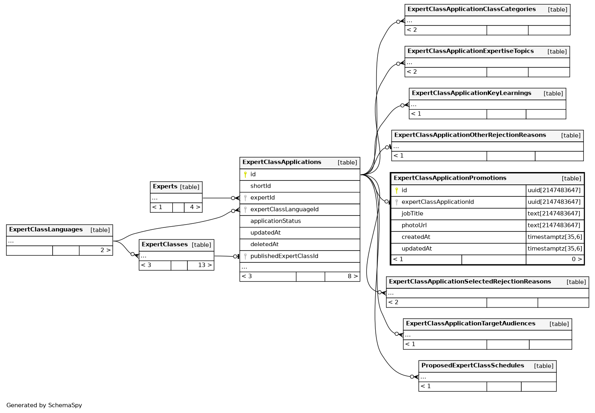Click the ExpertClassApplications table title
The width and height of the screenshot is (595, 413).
point(282,162)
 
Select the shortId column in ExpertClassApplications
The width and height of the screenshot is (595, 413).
point(260,186)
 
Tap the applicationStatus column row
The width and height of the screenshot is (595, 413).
point(276,221)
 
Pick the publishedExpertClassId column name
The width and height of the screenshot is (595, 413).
point(284,256)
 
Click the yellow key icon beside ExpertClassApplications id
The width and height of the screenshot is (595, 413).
point(245,174)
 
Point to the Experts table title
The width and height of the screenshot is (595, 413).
point(165,186)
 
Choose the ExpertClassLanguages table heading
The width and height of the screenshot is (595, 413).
point(46,229)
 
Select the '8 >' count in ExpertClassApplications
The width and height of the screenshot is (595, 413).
point(352,276)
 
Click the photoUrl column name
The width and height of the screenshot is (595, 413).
point(414,225)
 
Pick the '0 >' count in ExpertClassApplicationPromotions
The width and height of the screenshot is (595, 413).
point(577,259)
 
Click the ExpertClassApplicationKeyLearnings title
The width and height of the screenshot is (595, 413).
point(471,93)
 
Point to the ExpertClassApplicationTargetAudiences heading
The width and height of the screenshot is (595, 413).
point(471,323)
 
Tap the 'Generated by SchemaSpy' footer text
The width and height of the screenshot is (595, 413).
point(44,405)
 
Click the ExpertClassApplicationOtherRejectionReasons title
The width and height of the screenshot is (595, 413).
point(470,135)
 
